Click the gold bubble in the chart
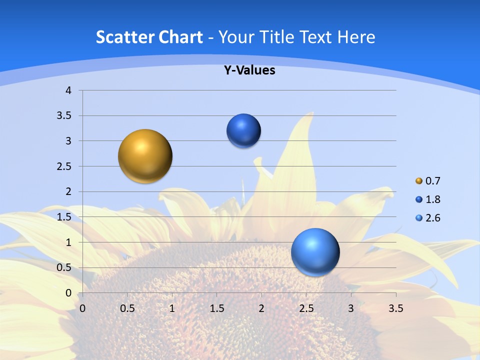coord(145,156)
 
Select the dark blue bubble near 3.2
coord(243,131)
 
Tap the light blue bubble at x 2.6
coord(315,252)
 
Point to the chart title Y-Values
coord(249,70)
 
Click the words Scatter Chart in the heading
coord(149,37)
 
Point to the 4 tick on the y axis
coord(68,90)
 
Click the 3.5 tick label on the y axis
coord(65,116)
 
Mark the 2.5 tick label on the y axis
coord(65,166)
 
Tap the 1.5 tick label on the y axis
coord(65,217)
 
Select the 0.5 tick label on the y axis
coord(65,267)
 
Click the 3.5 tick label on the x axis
coord(395,308)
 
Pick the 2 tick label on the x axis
coord(261,308)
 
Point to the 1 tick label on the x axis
coord(172,308)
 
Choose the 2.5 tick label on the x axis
coord(306,308)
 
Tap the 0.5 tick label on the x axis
coord(127,308)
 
